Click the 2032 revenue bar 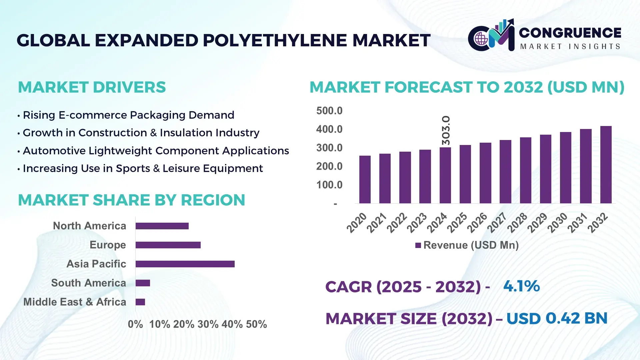pyautogui.click(x=606, y=165)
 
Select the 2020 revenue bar pyautogui.click(x=365, y=179)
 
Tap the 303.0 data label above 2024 pyautogui.click(x=446, y=130)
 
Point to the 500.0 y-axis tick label pyautogui.click(x=329, y=111)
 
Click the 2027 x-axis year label pyautogui.click(x=497, y=222)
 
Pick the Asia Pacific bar pyautogui.click(x=185, y=264)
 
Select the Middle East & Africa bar pyautogui.click(x=140, y=302)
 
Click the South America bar pyautogui.click(x=143, y=283)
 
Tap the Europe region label pyautogui.click(x=108, y=245)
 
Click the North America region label pyautogui.click(x=89, y=226)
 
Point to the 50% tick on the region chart pyautogui.click(x=256, y=324)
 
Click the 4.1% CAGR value pyautogui.click(x=521, y=286)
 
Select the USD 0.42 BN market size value pyautogui.click(x=557, y=318)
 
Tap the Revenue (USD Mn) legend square pyautogui.click(x=418, y=245)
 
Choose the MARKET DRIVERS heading pyautogui.click(x=92, y=87)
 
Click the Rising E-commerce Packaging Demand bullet pyautogui.click(x=128, y=115)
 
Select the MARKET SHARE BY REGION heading pyautogui.click(x=131, y=200)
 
